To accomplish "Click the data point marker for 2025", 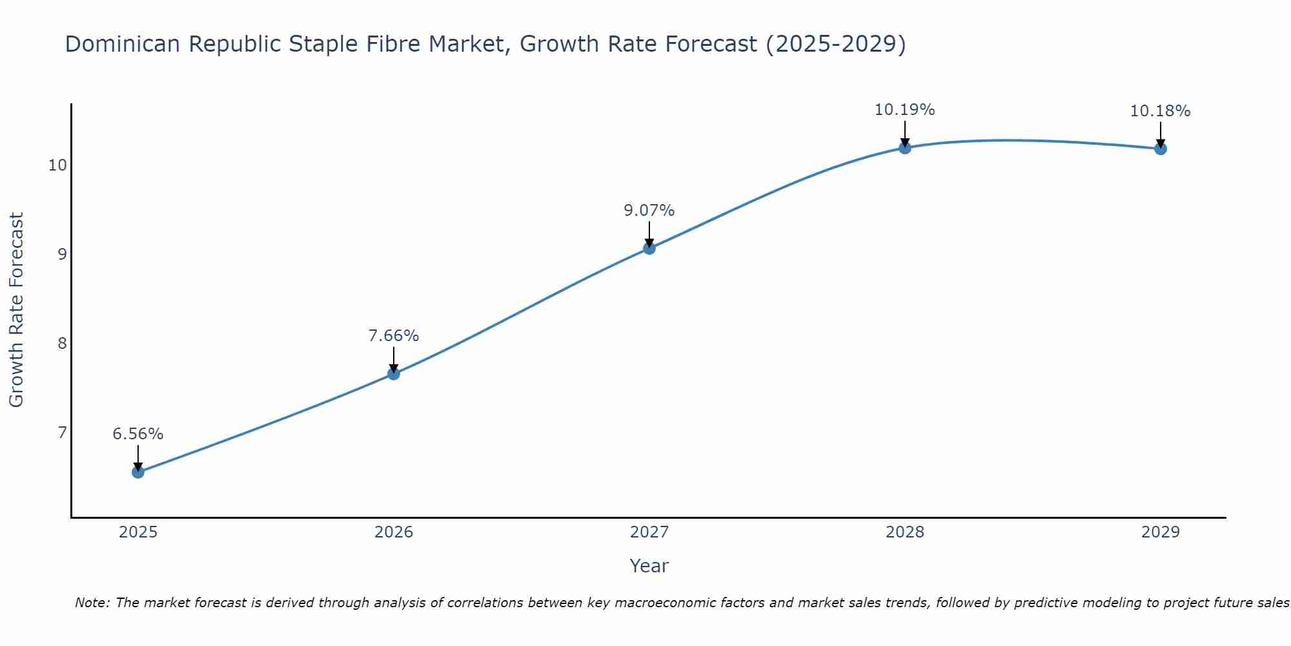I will pos(137,472).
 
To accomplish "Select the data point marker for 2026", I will pos(393,373).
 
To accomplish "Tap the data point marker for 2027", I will pos(649,248).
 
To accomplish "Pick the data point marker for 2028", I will pos(904,148).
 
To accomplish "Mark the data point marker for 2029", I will pos(1160,149).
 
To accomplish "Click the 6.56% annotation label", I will pos(137,434).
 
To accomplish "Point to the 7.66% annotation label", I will pos(393,336).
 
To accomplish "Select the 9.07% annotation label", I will pos(649,211).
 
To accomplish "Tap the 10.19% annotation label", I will pos(904,110).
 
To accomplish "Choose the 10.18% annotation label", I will pos(1160,111).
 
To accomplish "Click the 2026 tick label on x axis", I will pos(393,532).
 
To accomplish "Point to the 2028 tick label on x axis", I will pos(904,532).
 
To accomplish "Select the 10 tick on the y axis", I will pos(57,165).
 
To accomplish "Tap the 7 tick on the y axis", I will pos(62,432).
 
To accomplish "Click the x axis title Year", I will pos(649,566).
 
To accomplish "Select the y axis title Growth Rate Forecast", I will pos(16,309).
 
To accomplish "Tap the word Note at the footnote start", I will pos(92,603).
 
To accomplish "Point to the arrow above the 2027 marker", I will pos(649,234).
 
